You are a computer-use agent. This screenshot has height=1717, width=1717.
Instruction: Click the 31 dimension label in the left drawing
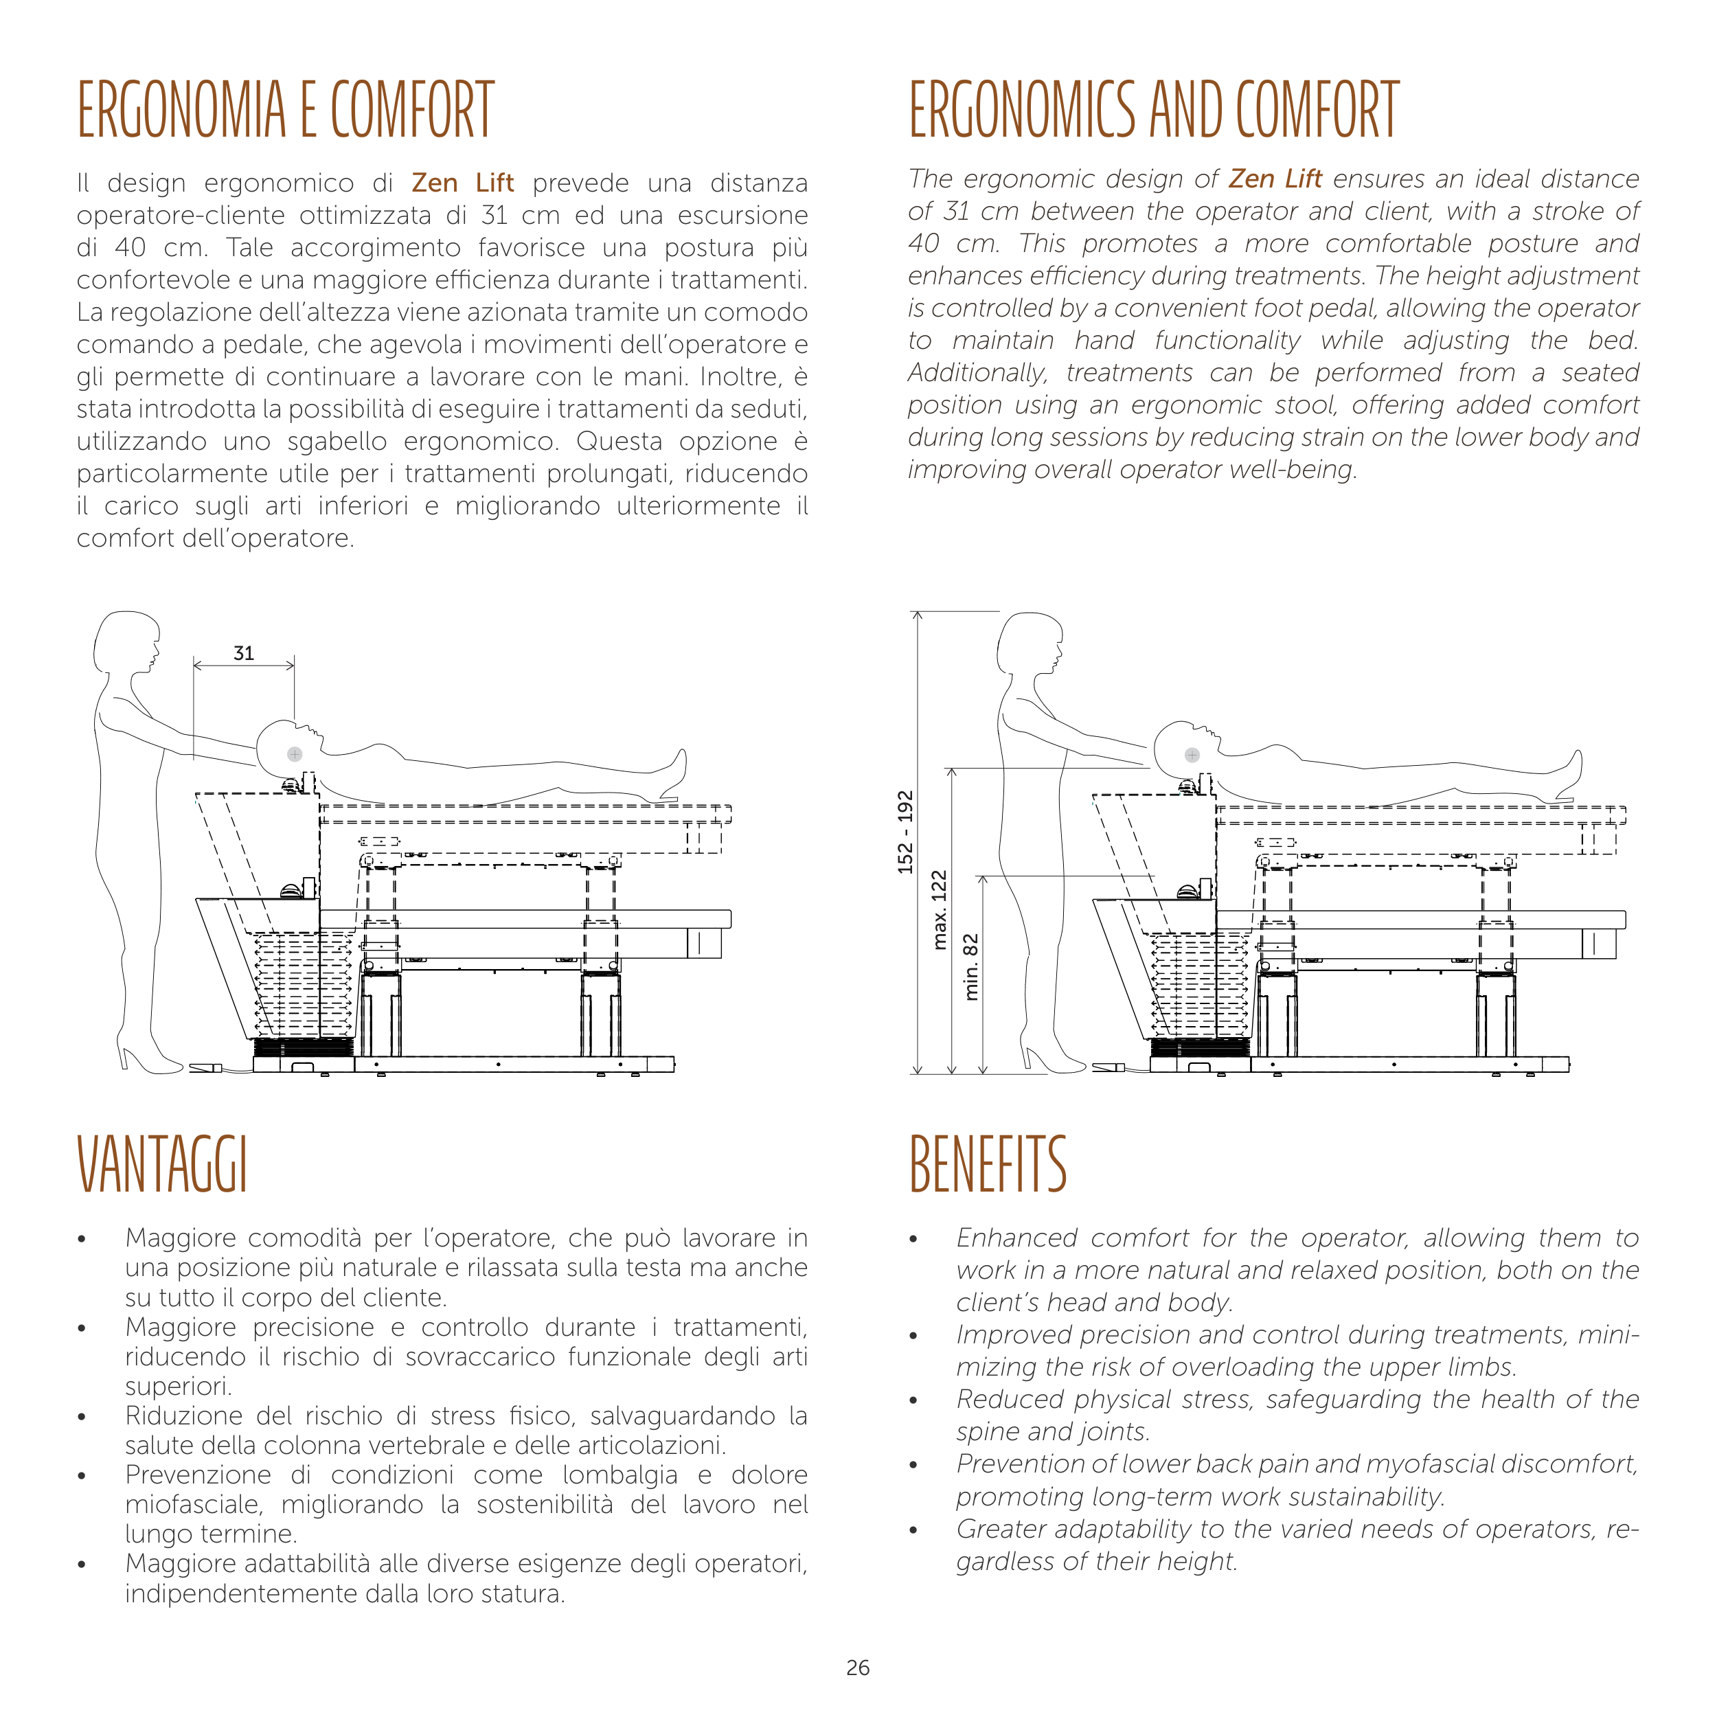tap(244, 653)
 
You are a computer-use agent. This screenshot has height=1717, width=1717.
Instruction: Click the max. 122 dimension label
tap(940, 910)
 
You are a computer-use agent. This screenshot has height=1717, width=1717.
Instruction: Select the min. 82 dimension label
tap(971, 966)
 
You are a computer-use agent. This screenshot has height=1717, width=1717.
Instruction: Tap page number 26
tap(858, 1668)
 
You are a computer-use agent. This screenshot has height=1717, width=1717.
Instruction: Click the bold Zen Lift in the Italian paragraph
tap(462, 183)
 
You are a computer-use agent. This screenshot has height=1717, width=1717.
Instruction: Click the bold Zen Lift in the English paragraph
tap(1275, 179)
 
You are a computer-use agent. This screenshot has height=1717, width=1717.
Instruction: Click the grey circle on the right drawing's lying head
tap(1192, 755)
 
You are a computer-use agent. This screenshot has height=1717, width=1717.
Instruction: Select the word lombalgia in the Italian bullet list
tap(619, 1475)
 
